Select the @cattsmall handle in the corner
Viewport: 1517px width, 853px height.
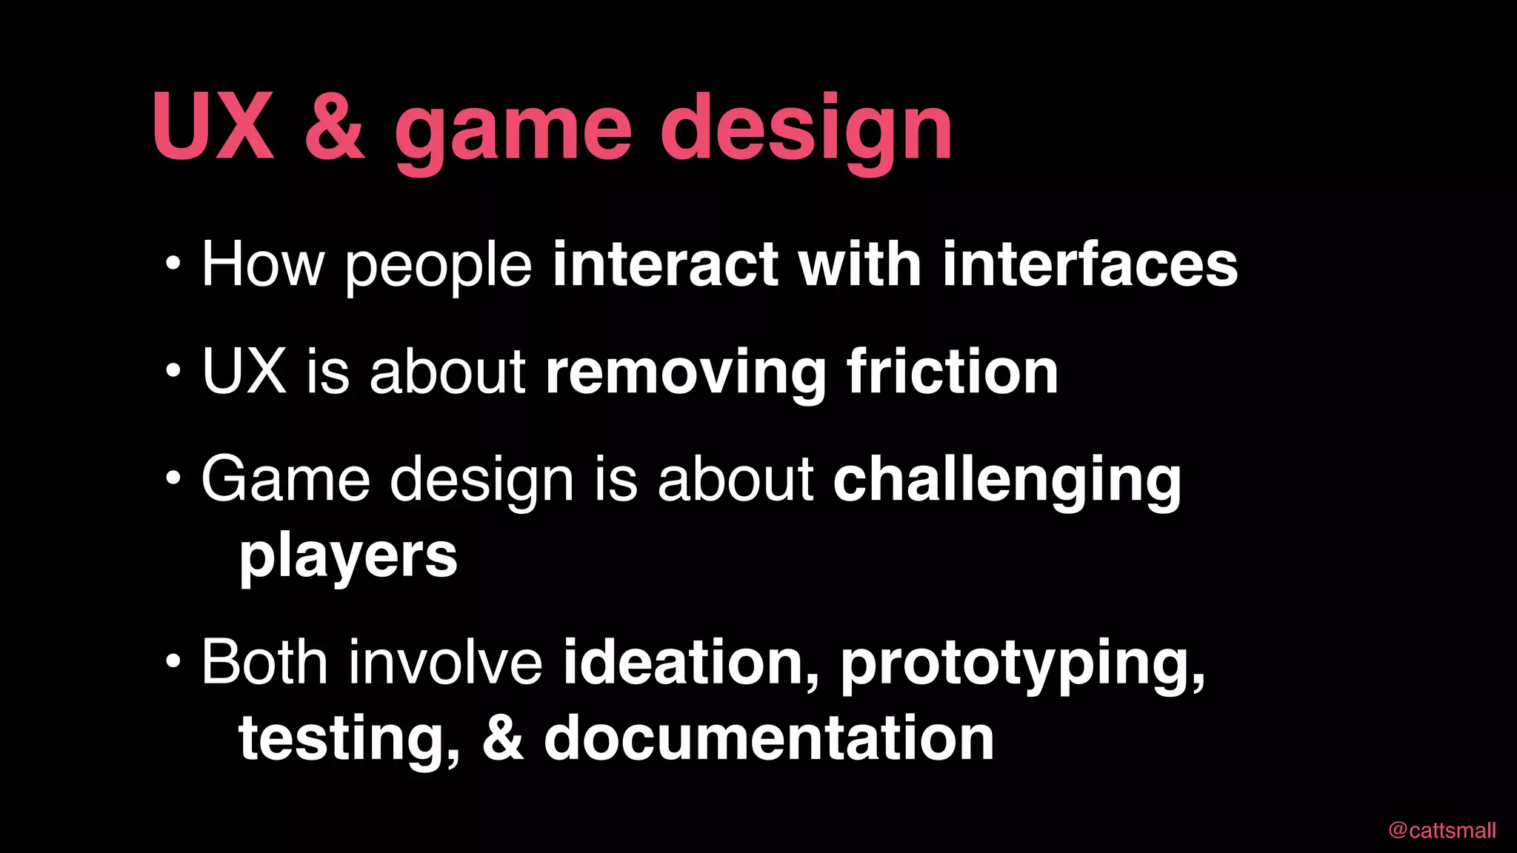click(x=1442, y=830)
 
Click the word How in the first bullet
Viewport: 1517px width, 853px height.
click(x=263, y=264)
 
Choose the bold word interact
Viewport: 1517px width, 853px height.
click(x=665, y=264)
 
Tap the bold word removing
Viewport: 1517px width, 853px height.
click(x=685, y=373)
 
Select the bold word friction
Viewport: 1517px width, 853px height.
click(x=953, y=372)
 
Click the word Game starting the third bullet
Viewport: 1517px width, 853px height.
click(x=285, y=480)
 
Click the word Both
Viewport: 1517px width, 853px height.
click(x=264, y=661)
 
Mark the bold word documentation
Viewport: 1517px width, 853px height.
click(x=769, y=738)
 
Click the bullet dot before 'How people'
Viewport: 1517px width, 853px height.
click(x=173, y=264)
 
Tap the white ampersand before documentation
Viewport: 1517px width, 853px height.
click(x=503, y=738)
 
